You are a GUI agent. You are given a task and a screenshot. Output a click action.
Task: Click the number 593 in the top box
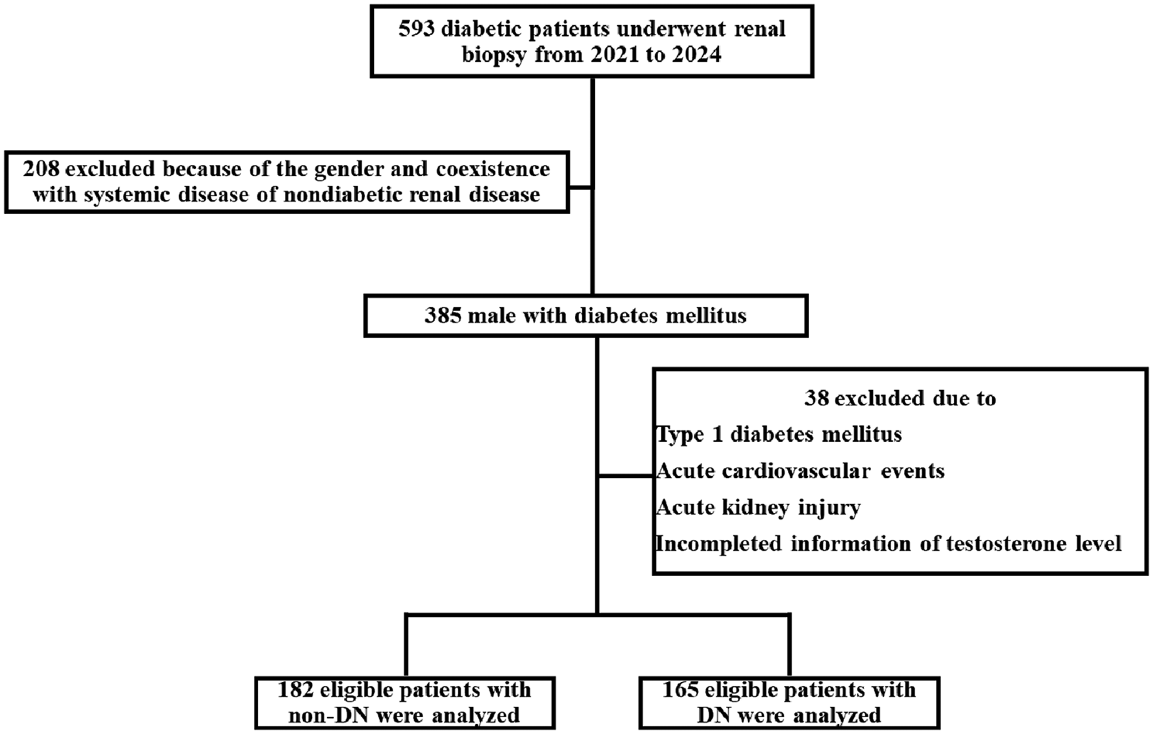(417, 29)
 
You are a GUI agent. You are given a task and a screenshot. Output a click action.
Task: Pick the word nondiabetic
(339, 195)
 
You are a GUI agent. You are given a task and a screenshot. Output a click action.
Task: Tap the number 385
(443, 316)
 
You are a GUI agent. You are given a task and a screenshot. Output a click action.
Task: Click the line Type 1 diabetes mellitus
(779, 435)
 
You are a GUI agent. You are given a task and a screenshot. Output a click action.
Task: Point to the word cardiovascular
(796, 472)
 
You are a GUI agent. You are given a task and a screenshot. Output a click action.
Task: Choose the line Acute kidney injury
(758, 508)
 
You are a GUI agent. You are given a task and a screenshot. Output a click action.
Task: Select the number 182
(296, 690)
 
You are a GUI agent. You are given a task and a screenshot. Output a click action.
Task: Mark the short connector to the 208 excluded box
(581, 188)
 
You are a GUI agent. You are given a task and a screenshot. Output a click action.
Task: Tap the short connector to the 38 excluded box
(626, 476)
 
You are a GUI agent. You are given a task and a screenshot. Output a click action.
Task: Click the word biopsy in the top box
(495, 55)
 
